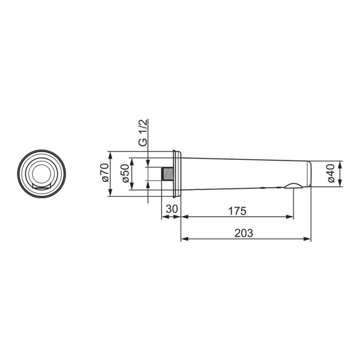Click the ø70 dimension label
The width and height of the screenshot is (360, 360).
point(105,172)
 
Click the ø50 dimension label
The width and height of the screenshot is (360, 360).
point(126,174)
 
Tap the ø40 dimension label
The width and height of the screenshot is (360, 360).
point(332,174)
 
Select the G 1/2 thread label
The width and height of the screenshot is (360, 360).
point(143,133)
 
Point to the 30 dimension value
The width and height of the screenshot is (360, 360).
point(172,209)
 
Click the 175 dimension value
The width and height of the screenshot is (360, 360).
point(237,211)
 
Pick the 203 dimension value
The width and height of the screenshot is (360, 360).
point(244,233)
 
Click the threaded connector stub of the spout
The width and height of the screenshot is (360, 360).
point(167,174)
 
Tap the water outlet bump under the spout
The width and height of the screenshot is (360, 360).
point(294,186)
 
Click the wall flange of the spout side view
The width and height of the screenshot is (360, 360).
point(177,174)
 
